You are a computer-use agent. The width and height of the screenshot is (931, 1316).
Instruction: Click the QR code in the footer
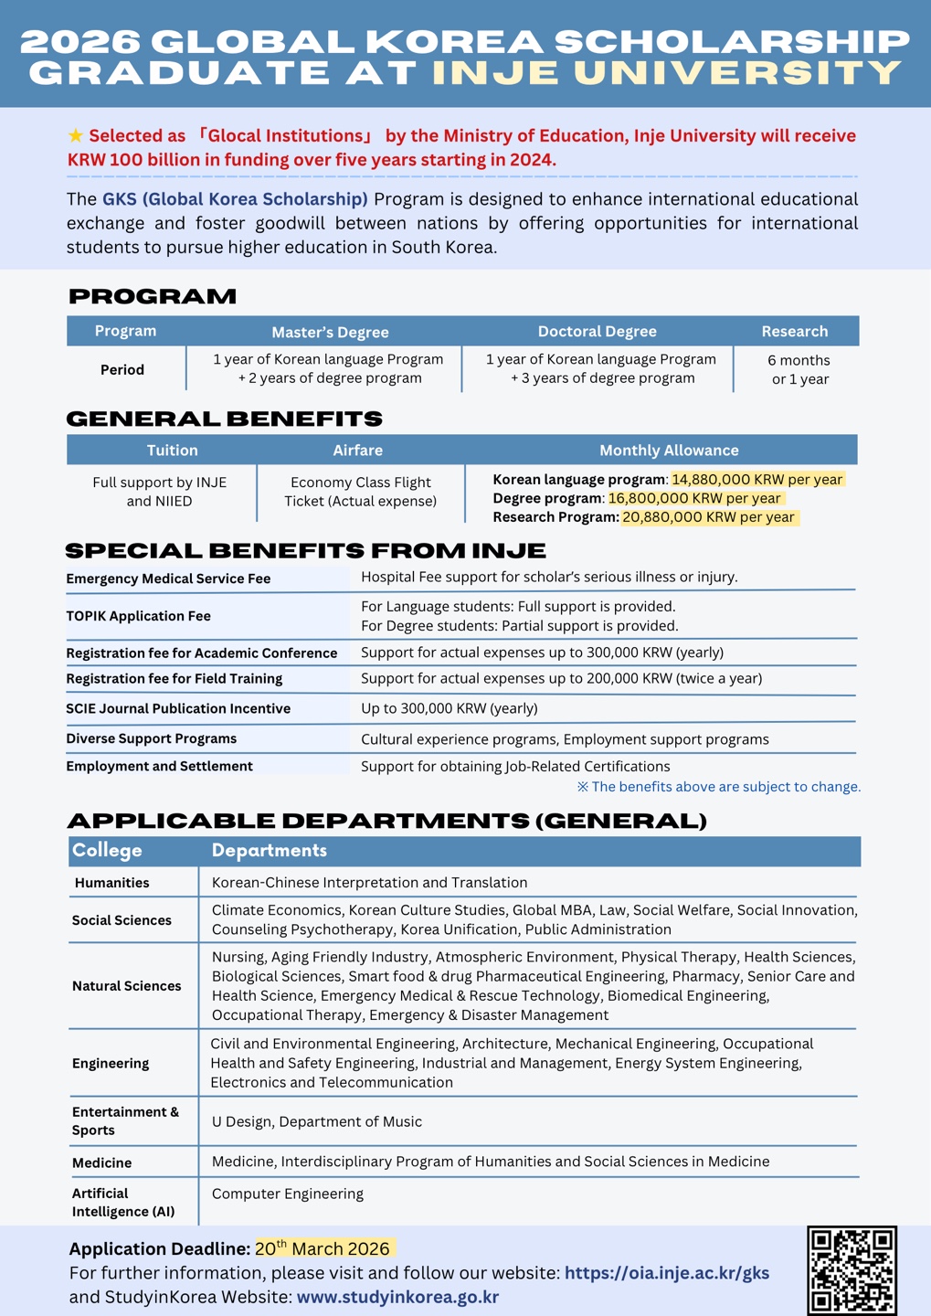coord(852,1270)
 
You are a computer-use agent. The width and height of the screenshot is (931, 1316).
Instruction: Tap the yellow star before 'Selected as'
coord(76,136)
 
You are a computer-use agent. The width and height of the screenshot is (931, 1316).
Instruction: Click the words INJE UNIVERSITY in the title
coord(667,73)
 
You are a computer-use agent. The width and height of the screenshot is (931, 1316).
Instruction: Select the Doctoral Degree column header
coord(597,332)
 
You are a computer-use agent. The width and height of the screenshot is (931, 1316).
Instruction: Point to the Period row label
coord(122,370)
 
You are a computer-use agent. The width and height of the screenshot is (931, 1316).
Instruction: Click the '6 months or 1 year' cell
coord(799,370)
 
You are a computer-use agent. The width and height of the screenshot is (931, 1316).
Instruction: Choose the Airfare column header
coord(358,451)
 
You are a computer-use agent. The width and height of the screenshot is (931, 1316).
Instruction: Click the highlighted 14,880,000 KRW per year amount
coord(756,480)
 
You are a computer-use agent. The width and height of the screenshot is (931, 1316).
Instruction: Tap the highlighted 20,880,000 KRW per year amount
coord(709,517)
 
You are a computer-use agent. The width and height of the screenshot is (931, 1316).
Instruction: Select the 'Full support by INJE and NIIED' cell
coord(160,492)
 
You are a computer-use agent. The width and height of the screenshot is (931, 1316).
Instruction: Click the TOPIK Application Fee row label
coord(138,616)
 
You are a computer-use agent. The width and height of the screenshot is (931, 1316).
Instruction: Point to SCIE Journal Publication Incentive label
coord(178,708)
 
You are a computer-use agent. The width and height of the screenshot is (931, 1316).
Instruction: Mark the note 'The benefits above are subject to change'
coord(718,787)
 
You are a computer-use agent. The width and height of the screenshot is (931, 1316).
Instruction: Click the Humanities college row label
coord(111,883)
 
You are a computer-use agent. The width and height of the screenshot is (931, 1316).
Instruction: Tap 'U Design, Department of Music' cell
coord(317,1121)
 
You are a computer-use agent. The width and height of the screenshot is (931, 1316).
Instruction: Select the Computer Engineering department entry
coord(288,1194)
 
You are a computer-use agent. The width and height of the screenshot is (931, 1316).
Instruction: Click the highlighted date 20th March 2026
coord(323,1248)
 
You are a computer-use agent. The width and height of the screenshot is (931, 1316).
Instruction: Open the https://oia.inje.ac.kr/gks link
coord(667,1273)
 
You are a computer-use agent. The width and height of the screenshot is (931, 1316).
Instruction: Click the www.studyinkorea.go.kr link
coord(397,1297)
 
